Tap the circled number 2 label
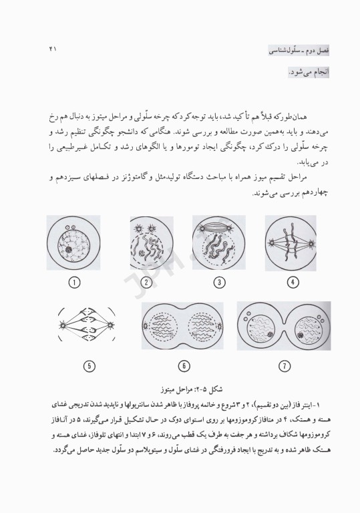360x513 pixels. coord(146,283)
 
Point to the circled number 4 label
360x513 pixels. coord(291,283)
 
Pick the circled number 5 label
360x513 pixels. coord(89,365)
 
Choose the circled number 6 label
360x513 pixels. coord(186,365)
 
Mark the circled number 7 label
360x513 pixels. coord(285,365)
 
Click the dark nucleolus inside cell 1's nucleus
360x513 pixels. coord(68,250)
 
